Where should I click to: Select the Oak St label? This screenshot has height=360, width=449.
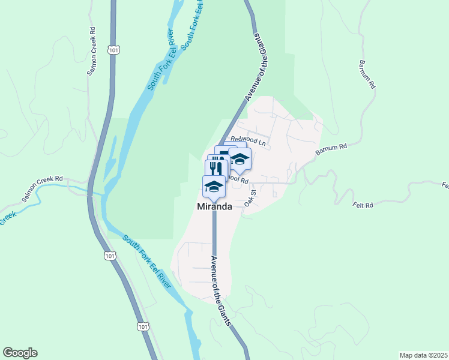click(x=250, y=198)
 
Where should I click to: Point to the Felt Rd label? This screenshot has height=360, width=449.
click(x=364, y=205)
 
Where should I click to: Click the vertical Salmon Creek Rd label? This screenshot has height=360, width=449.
click(x=92, y=50)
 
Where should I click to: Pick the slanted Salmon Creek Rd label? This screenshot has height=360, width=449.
click(x=42, y=188)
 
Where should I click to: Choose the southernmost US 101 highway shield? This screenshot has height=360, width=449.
click(x=142, y=326)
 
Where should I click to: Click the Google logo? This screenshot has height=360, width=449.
click(x=20, y=353)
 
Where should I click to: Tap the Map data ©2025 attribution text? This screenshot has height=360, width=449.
click(x=423, y=355)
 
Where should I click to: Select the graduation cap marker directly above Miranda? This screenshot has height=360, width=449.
click(x=214, y=185)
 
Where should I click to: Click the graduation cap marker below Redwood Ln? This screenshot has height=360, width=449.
click(x=240, y=159)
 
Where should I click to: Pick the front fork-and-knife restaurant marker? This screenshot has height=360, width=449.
click(x=217, y=165)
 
